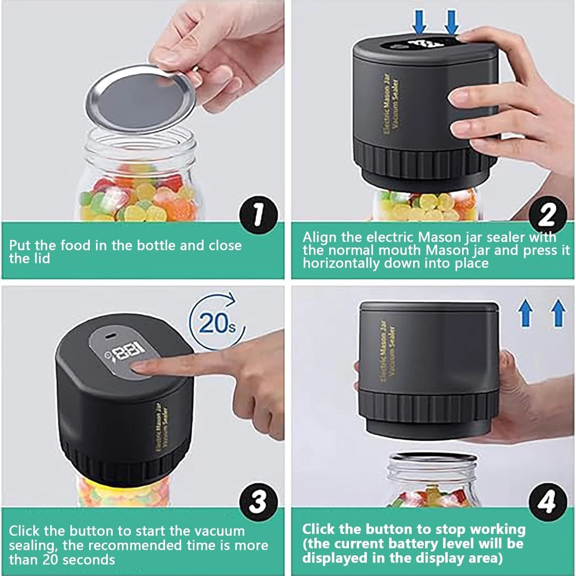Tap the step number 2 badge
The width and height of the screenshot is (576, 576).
point(547,215)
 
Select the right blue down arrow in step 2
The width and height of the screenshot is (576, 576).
point(452,21)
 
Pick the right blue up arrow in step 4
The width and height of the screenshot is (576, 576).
point(559,313)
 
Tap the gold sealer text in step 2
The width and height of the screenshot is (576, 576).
point(392,104)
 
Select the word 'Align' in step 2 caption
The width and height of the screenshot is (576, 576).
point(319,237)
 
